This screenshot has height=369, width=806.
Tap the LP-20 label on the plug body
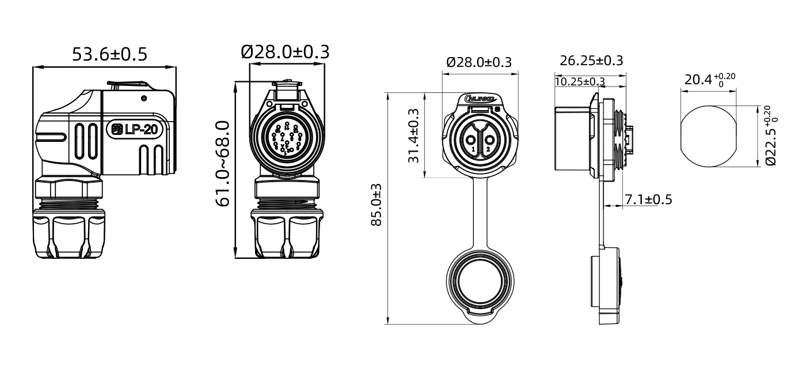(x=139, y=130)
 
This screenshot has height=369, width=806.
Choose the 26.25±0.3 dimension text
(x=591, y=61)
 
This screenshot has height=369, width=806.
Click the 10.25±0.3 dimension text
(x=579, y=82)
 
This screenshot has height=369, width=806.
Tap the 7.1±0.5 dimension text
(x=649, y=199)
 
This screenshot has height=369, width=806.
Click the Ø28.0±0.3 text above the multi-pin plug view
(x=286, y=52)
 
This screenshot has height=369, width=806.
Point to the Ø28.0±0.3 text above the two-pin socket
(x=479, y=62)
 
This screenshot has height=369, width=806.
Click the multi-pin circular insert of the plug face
(x=287, y=139)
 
